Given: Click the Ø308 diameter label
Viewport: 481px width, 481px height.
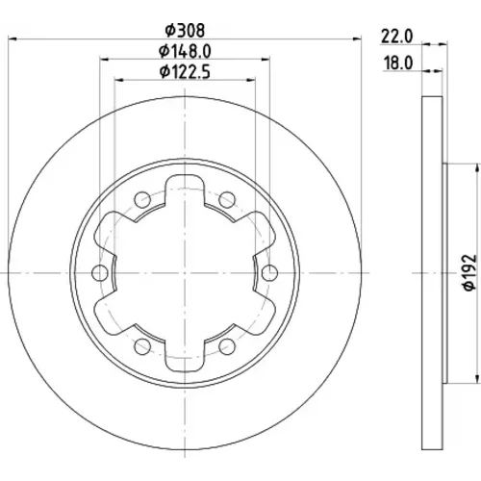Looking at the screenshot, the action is [x=185, y=31].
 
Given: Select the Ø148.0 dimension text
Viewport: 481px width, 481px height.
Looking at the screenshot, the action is [x=185, y=51].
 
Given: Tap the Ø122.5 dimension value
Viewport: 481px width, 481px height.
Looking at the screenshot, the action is [x=185, y=72].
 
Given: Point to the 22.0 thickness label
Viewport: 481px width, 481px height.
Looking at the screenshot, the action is [x=396, y=37].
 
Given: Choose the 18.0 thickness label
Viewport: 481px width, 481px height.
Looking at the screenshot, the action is [x=398, y=63].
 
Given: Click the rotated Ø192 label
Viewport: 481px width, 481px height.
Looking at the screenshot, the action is [x=469, y=272].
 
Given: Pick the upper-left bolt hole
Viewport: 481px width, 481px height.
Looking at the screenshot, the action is [x=142, y=200].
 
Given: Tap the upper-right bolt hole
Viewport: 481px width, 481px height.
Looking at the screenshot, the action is [x=227, y=200].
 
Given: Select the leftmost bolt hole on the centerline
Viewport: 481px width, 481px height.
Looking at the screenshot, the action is [x=100, y=273].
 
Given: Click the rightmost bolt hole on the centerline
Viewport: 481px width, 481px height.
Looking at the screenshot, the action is [x=269, y=273].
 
